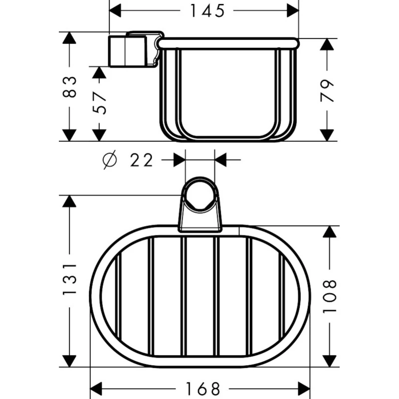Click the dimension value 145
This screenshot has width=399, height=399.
tap(207, 10)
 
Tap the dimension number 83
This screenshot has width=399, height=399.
tap(69, 87)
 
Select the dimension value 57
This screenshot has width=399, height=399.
tap(99, 103)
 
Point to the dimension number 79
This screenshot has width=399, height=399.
tap(327, 91)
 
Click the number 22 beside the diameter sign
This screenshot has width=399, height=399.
tap(142, 160)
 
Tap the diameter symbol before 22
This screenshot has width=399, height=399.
tap(110, 160)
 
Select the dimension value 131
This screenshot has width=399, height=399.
tap(69, 279)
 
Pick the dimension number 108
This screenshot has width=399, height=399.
tap(330, 296)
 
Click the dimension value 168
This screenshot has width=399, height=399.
tap(203, 389)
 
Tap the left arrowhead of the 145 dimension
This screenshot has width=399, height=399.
tap(115, 10)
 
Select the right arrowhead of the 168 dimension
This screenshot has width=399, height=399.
tap(304, 389)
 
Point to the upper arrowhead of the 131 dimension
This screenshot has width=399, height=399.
tap(69, 201)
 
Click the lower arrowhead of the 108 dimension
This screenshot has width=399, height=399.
tap(330, 361)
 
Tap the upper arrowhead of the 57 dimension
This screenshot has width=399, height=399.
tap(99, 72)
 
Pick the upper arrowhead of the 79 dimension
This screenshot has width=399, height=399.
tap(327, 44)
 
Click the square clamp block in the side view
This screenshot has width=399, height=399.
tap(128, 51)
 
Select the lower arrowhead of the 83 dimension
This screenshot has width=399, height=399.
tap(69, 135)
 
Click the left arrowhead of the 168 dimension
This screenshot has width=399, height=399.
tap(96, 389)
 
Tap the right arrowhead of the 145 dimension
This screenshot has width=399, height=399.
tap(293, 10)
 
